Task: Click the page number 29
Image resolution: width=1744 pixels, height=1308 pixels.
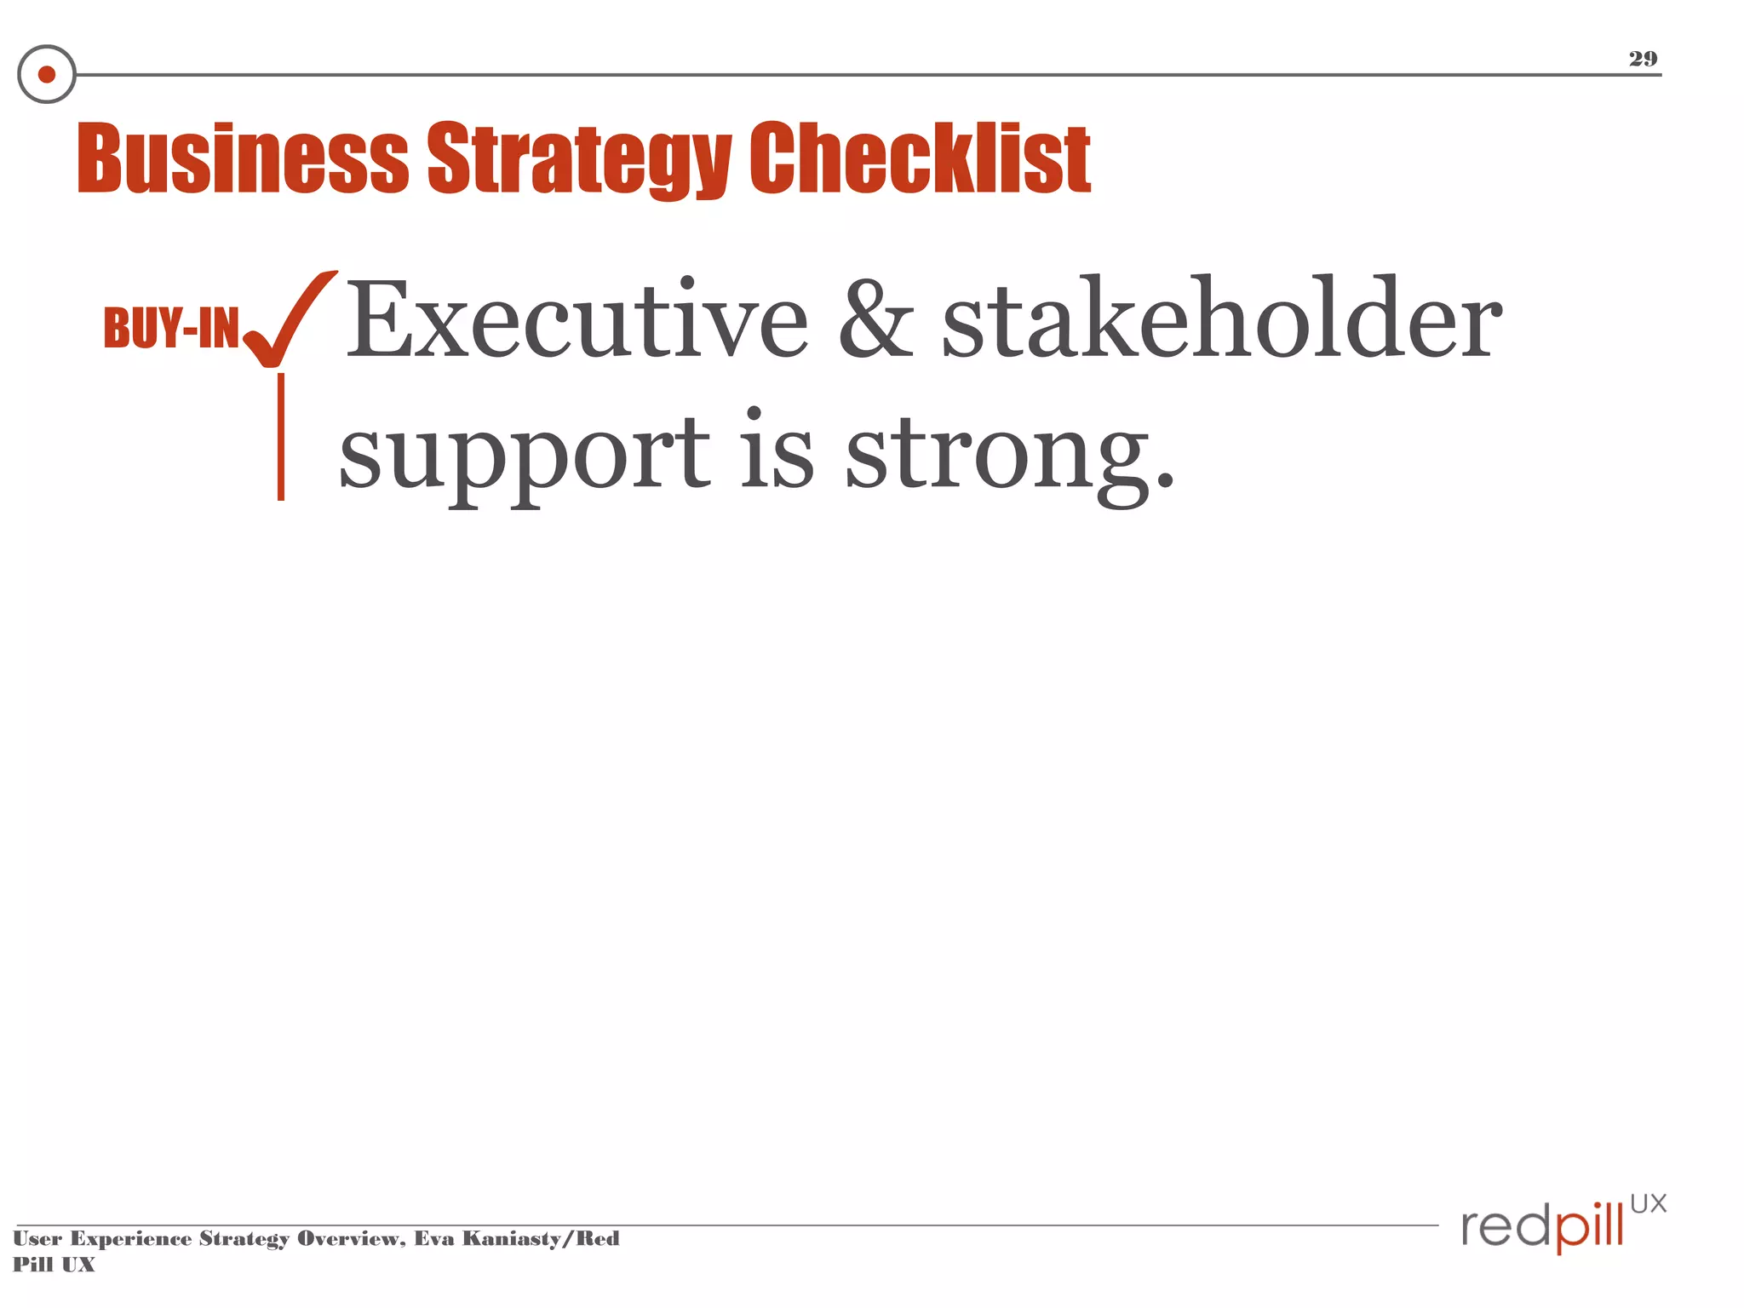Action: [x=1643, y=59]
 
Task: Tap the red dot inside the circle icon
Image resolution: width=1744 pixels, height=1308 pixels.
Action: [x=47, y=75]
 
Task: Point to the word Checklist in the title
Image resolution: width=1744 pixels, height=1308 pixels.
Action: [x=920, y=158]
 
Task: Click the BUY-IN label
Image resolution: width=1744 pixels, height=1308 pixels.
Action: [x=171, y=328]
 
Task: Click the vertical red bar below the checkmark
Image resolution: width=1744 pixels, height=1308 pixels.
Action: [x=281, y=436]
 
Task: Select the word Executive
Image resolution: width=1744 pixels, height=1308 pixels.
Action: [x=577, y=321]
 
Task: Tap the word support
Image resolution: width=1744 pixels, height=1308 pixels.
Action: [x=524, y=456]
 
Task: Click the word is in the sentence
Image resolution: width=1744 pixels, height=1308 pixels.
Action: [x=776, y=451]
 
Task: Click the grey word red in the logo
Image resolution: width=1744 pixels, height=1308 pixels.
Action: [x=1506, y=1227]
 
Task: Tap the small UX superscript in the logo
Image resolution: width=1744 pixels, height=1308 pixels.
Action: [x=1648, y=1203]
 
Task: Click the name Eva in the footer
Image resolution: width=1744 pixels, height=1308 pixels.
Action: [x=433, y=1238]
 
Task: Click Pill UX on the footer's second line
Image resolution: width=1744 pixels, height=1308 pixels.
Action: [x=54, y=1265]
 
